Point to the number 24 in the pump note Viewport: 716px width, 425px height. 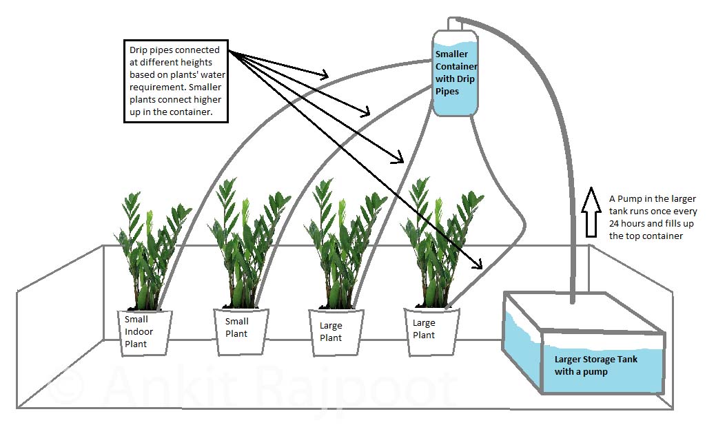(615, 224)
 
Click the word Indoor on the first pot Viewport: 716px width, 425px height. (139, 331)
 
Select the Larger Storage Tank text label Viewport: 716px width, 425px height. (596, 359)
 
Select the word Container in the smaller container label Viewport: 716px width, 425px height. (456, 66)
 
